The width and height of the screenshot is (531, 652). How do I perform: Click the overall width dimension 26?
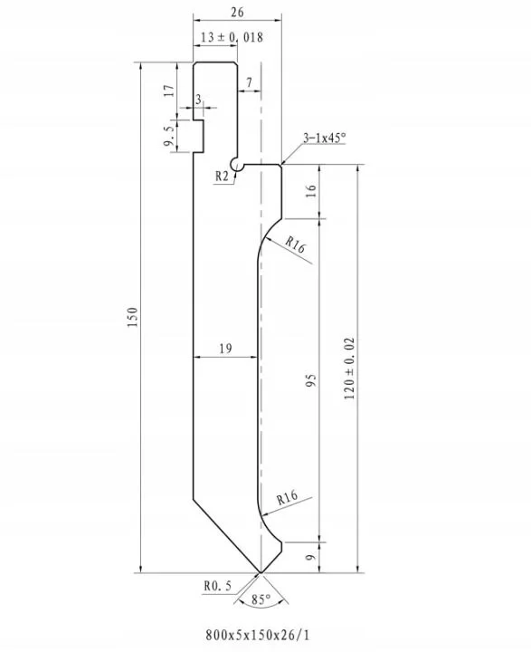[x=237, y=12]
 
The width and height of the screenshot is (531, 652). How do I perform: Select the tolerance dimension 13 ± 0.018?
[x=232, y=37]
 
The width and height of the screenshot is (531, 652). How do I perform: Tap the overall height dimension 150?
[x=132, y=317]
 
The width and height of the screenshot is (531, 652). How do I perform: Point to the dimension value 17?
[x=168, y=91]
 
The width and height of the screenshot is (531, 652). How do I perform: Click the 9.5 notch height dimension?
[x=169, y=136]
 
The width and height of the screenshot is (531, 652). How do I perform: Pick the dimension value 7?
[x=249, y=82]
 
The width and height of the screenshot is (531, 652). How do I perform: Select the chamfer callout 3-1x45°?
[x=325, y=138]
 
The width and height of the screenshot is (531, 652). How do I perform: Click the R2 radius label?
[x=222, y=177]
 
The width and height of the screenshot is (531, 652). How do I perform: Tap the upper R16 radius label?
[x=296, y=245]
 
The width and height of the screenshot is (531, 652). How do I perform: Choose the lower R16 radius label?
[x=288, y=497]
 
